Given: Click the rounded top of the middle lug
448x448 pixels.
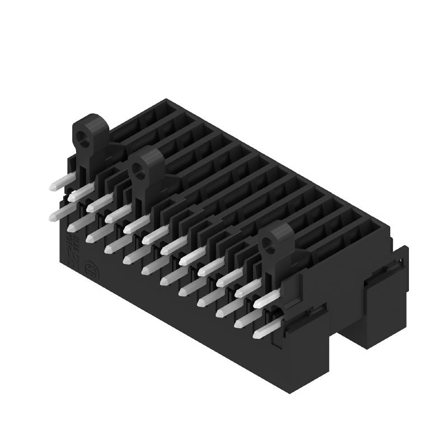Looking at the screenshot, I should tap(148, 151).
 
